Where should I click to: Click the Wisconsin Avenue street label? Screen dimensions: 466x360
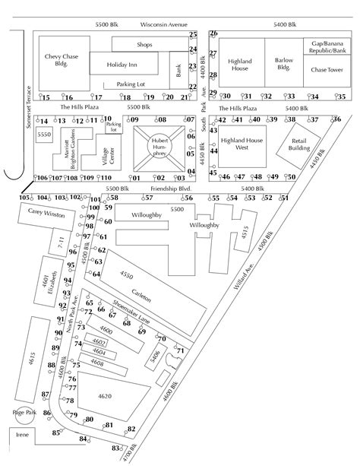click(x=159, y=25)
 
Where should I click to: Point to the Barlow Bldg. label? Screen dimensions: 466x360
click(x=284, y=63)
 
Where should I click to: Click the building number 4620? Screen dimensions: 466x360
click(x=105, y=395)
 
